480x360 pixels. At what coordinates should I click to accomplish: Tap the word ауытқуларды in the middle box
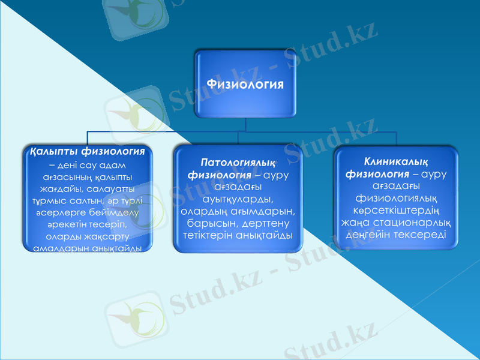238,199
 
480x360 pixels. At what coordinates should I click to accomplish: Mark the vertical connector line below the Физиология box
246,124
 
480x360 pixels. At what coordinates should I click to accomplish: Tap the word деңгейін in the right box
368,234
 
